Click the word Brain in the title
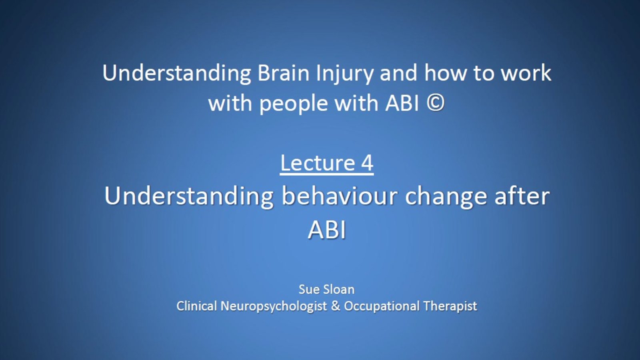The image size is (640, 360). click(283, 73)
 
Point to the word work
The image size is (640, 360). click(526, 72)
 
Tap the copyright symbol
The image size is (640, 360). click(436, 103)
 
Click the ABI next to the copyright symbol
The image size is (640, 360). click(402, 103)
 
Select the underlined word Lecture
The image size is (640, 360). click(318, 162)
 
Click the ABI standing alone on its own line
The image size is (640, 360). click(327, 230)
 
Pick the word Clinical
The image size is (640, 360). click(196, 306)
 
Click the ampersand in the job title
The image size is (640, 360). click(336, 306)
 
